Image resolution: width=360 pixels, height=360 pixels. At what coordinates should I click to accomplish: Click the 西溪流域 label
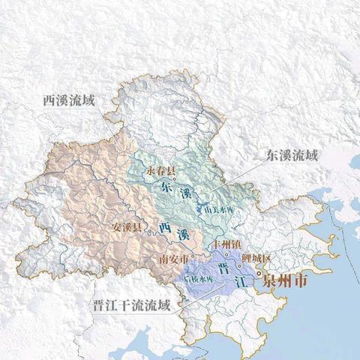[69, 100]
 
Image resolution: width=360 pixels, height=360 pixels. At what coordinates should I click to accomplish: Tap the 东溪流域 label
[292, 156]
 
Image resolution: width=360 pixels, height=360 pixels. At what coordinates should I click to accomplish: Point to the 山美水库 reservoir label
[217, 209]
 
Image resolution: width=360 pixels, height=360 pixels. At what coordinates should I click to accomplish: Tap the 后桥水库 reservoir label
[200, 279]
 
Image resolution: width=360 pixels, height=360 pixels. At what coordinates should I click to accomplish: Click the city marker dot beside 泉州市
[260, 274]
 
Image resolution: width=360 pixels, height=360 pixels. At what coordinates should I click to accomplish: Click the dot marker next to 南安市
[192, 255]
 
